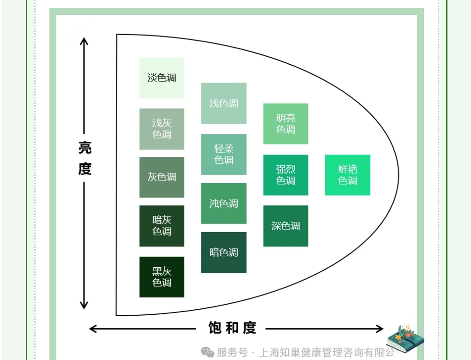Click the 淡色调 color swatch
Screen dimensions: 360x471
[162, 78]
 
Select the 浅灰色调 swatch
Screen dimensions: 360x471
[162, 129]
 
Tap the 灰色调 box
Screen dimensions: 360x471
[162, 177]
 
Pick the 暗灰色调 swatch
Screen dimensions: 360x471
[162, 226]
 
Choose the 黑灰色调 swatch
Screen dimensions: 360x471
[162, 277]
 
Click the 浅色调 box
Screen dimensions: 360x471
[223, 103]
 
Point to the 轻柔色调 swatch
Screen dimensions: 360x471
[223, 155]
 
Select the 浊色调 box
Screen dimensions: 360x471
[223, 204]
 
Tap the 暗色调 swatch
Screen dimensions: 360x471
[223, 252]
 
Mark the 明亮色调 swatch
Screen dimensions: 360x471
[285, 124]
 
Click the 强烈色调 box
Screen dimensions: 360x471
[285, 175]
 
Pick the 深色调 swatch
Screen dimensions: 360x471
[285, 226]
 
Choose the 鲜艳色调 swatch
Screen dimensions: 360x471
[348, 175]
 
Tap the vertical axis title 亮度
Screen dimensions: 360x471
[85, 158]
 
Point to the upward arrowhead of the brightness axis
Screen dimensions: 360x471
[84, 42]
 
